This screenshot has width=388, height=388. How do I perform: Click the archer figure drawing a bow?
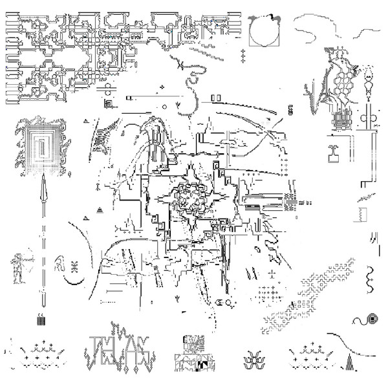(19, 266)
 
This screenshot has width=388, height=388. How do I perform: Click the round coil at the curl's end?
(373, 319)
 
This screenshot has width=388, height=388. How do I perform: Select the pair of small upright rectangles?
(216, 98)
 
